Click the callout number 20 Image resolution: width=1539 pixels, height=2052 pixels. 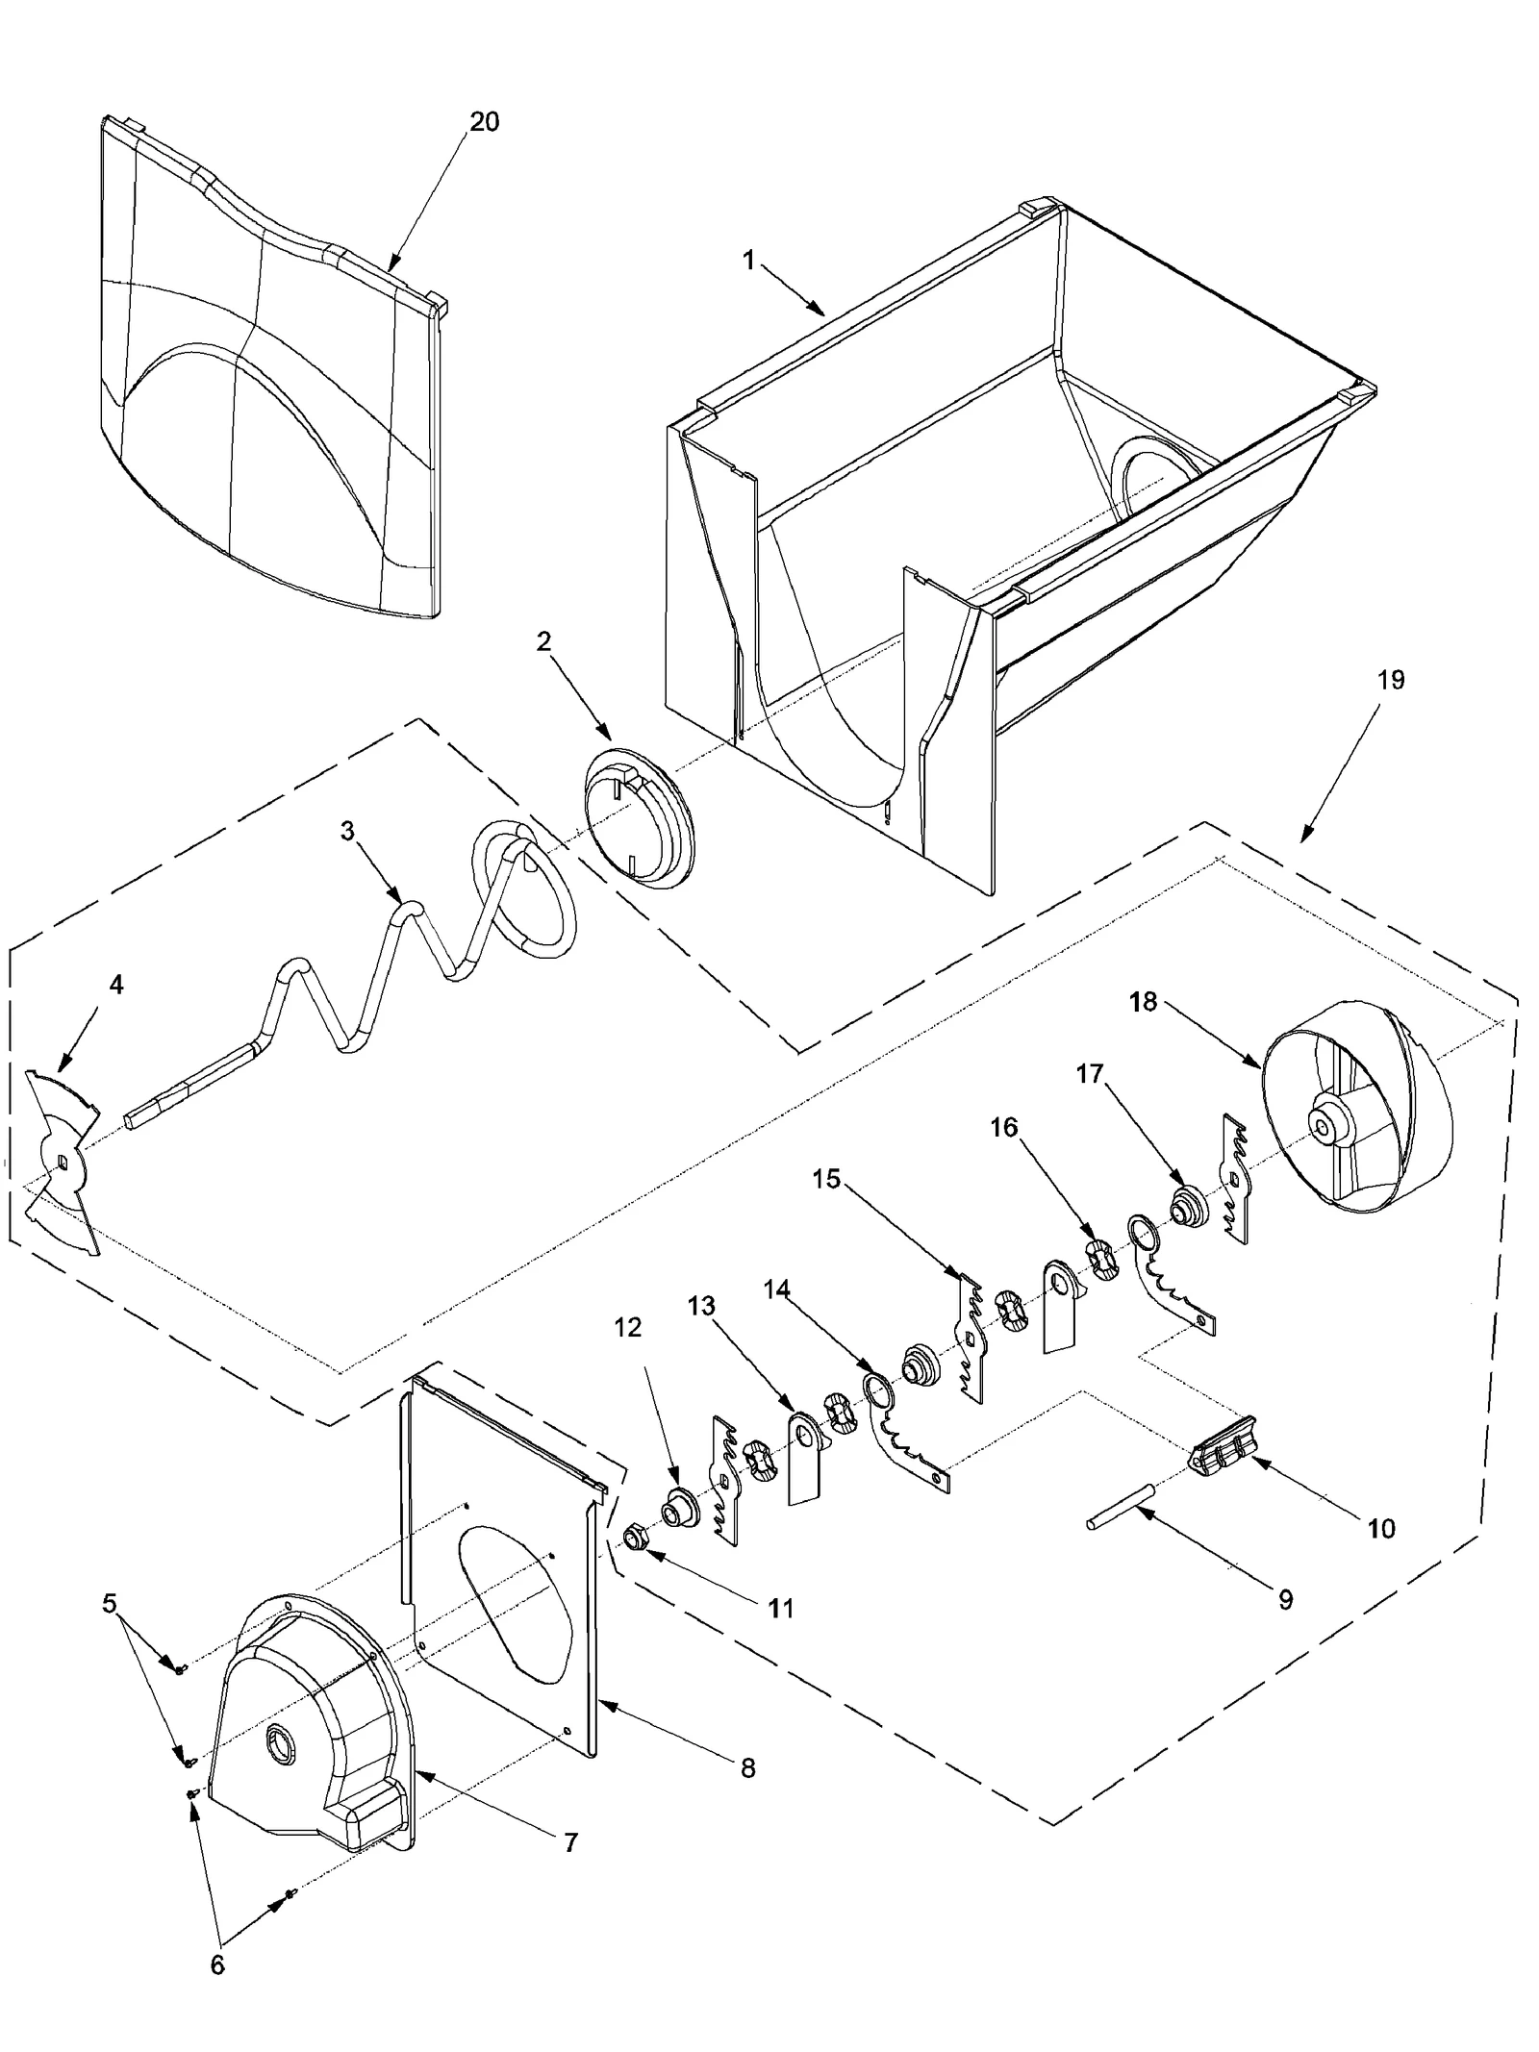[x=484, y=122]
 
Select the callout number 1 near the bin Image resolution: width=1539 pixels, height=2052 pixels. [x=748, y=261]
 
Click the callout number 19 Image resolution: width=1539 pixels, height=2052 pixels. [x=1390, y=680]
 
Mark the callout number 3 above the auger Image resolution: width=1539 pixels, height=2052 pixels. [x=347, y=831]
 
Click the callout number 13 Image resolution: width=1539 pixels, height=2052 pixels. [x=701, y=1306]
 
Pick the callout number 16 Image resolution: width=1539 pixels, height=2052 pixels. [x=1003, y=1127]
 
